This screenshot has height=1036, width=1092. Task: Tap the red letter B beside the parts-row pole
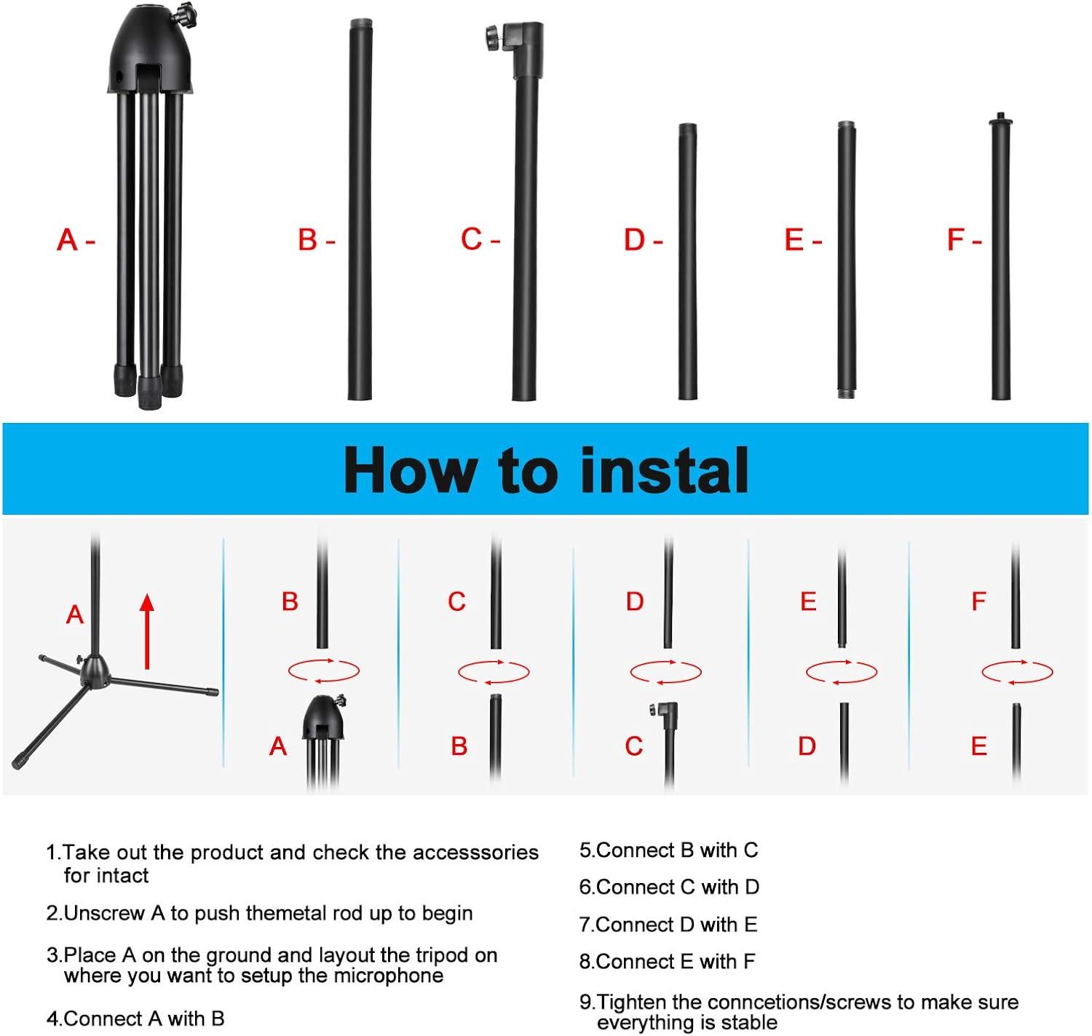(x=307, y=240)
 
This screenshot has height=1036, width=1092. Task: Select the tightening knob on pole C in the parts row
(x=494, y=36)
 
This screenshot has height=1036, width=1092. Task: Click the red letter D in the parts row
(x=633, y=240)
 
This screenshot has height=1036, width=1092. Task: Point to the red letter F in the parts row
(x=955, y=240)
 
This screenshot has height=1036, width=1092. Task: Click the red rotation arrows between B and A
(x=324, y=670)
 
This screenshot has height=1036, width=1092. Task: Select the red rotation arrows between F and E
(x=1017, y=671)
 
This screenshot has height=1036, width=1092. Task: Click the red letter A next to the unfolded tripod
(x=75, y=614)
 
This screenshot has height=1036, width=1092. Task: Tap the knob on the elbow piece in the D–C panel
(x=653, y=709)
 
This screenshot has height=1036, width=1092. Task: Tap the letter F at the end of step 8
(x=749, y=962)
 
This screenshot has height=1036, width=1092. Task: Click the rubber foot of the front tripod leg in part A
(x=149, y=392)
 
